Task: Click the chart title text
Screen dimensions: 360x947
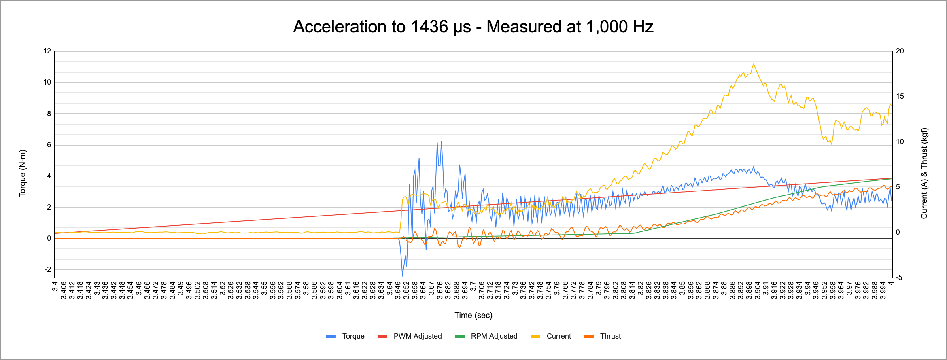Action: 473,27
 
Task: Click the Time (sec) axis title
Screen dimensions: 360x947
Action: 473,315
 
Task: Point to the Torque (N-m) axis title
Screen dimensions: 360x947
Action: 23,173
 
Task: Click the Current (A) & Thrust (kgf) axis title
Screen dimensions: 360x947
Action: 924,173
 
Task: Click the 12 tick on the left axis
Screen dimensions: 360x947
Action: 47,51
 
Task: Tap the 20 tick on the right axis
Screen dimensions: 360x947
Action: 900,51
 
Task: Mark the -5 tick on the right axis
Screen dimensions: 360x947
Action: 899,277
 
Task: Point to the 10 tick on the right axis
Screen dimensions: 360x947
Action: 900,142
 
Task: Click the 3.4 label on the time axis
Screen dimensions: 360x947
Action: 55,286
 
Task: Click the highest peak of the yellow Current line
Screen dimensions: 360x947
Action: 753,64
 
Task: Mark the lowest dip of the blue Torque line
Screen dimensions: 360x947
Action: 402,275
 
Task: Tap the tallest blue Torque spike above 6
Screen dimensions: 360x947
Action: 441,142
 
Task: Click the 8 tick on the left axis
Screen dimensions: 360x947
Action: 49,114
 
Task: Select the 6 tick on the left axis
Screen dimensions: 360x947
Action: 49,145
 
